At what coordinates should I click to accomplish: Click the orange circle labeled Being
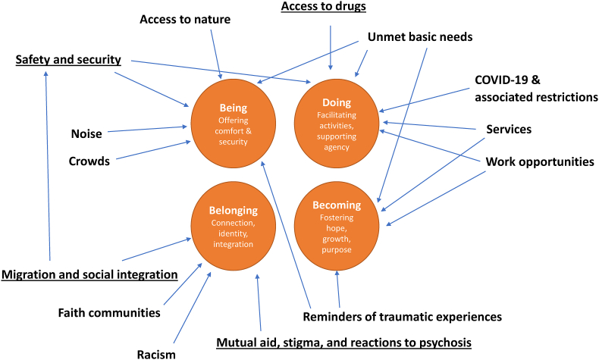(x=233, y=124)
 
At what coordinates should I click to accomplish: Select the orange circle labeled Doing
(x=337, y=124)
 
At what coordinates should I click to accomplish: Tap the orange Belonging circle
(x=233, y=226)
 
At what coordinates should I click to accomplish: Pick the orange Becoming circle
(x=337, y=226)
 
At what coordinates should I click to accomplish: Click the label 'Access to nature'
(x=185, y=19)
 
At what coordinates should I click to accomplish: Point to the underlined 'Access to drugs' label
(x=324, y=7)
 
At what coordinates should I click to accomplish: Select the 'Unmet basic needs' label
(x=420, y=36)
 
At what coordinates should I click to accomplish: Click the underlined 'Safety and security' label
(x=68, y=60)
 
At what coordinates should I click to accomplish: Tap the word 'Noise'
(x=86, y=133)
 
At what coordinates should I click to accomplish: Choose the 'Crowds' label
(x=89, y=161)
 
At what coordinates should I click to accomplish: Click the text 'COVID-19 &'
(x=507, y=80)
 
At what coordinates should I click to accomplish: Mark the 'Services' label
(x=509, y=129)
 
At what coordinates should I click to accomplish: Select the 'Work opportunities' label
(x=540, y=161)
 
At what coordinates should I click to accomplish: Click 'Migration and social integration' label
(x=89, y=274)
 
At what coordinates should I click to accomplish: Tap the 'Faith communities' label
(x=109, y=313)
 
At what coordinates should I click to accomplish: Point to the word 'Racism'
(x=156, y=354)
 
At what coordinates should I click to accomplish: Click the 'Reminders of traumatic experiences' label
(x=403, y=317)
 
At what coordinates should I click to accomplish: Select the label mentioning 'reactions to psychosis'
(x=343, y=343)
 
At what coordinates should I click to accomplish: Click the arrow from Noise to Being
(x=147, y=129)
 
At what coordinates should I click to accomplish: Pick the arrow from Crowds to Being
(x=154, y=150)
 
